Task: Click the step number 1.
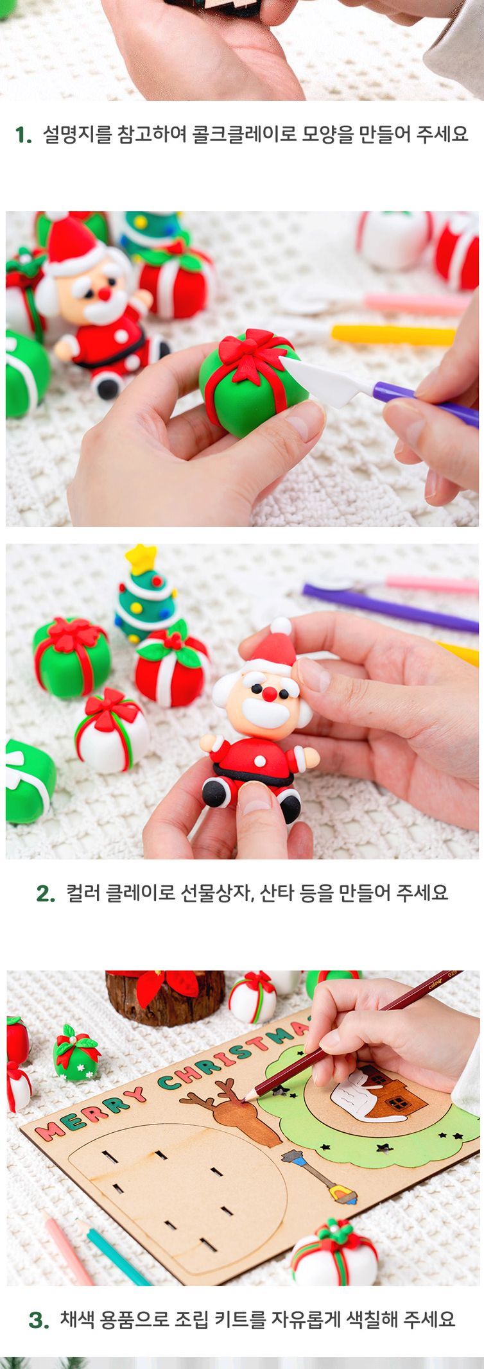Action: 23,135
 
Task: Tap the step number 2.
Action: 46,893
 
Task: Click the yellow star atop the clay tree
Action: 141,559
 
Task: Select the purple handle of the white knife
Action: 426,402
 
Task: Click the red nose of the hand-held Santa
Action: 270,694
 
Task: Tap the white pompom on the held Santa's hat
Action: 281,626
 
